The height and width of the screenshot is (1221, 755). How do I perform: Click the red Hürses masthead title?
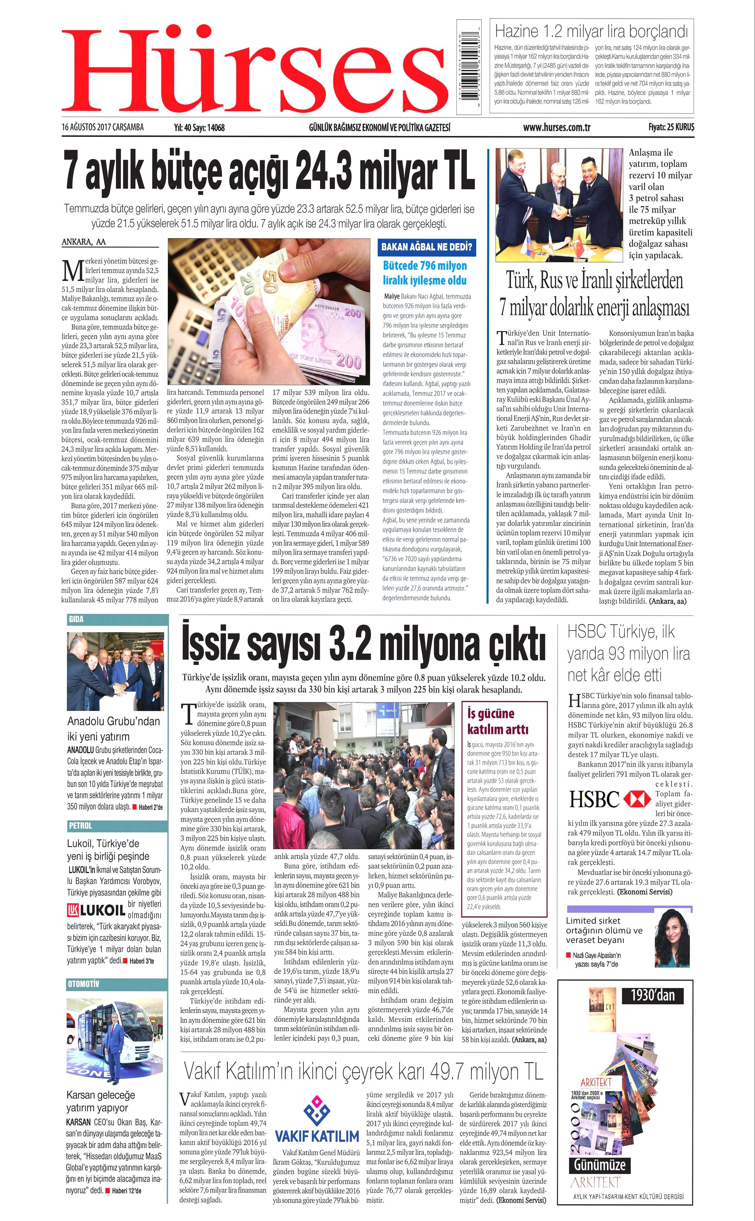tap(255, 70)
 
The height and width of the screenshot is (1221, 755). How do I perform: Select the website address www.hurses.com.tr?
tap(556, 127)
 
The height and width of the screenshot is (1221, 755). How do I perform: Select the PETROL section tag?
tap(80, 826)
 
